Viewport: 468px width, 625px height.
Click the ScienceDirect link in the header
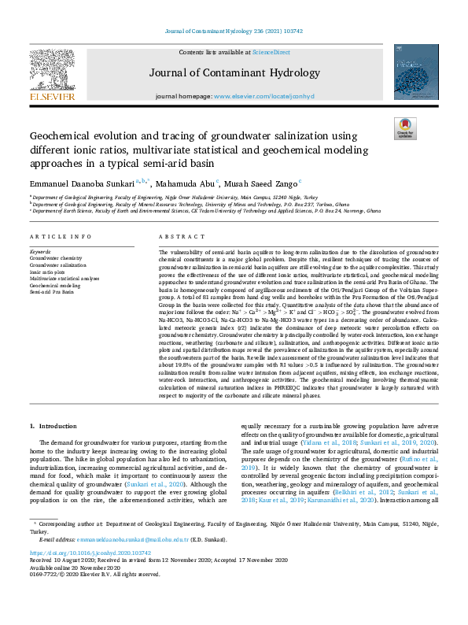[270, 52]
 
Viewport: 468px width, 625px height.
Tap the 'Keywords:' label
[43, 251]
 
